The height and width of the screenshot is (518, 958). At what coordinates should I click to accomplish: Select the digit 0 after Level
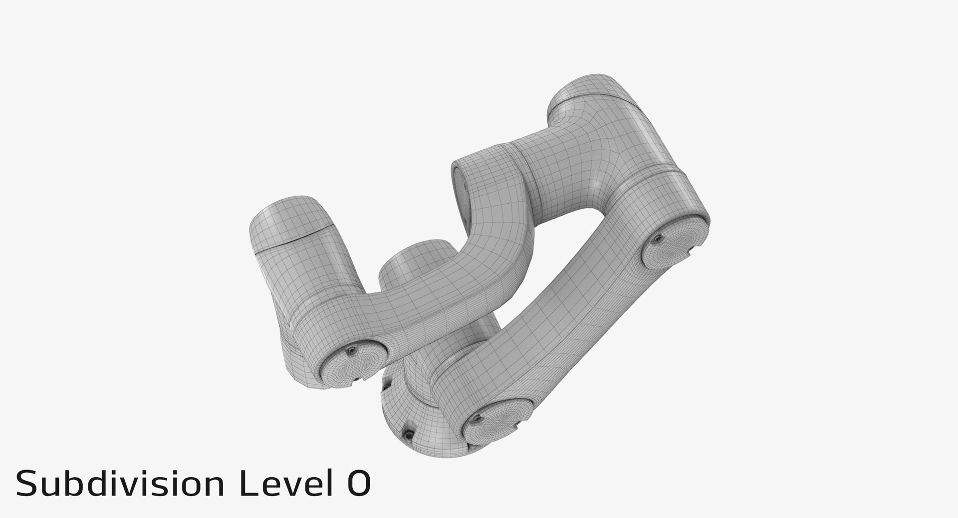[357, 484]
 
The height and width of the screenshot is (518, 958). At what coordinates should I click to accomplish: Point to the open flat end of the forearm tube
[460, 192]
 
